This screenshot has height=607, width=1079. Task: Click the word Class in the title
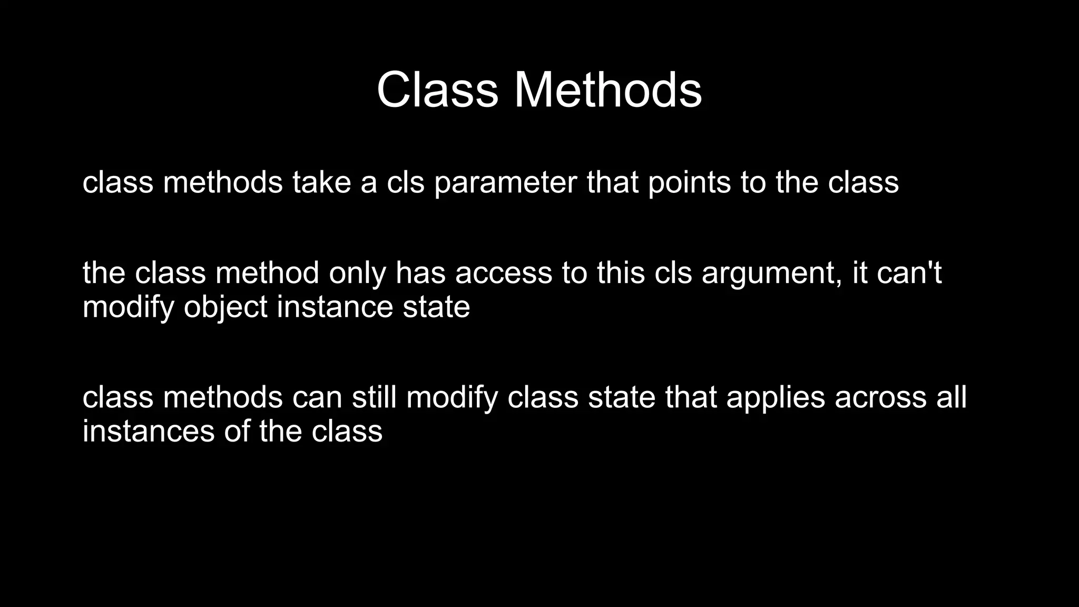coord(437,90)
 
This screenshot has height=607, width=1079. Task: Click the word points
coord(689,182)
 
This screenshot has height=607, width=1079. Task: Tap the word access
coord(504,273)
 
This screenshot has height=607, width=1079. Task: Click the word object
coord(225,307)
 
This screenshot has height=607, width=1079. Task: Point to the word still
coord(374,397)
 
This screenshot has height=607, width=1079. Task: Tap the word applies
coord(776,397)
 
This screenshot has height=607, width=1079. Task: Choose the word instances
coord(149,431)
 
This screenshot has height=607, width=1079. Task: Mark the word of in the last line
coord(237,431)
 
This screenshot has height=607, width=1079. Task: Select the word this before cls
coord(621,273)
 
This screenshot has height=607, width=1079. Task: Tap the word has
coord(420,273)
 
